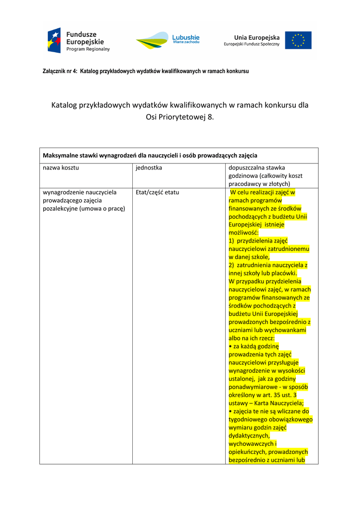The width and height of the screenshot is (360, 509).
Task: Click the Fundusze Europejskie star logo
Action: pyautogui.click(x=54, y=40)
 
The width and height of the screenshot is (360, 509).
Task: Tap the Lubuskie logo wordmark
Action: pyautogui.click(x=185, y=37)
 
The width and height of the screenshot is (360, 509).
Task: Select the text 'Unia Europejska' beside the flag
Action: pyautogui.click(x=257, y=37)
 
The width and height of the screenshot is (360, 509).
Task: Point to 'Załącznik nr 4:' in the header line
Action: pyautogui.click(x=60, y=72)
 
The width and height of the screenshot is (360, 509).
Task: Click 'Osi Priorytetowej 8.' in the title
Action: pyautogui.click(x=180, y=117)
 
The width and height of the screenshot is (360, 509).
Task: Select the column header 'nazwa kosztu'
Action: pyautogui.click(x=61, y=168)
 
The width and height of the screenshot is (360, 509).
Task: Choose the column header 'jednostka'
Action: pyautogui.click(x=149, y=168)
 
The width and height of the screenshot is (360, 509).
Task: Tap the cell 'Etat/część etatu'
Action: pyautogui.click(x=157, y=192)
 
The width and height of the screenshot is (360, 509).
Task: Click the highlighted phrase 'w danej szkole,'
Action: pyautogui.click(x=249, y=257)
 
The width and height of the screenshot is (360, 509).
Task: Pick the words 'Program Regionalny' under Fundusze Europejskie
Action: pyautogui.click(x=88, y=50)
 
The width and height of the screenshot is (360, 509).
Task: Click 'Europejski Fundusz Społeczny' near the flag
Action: pyautogui.click(x=252, y=45)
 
